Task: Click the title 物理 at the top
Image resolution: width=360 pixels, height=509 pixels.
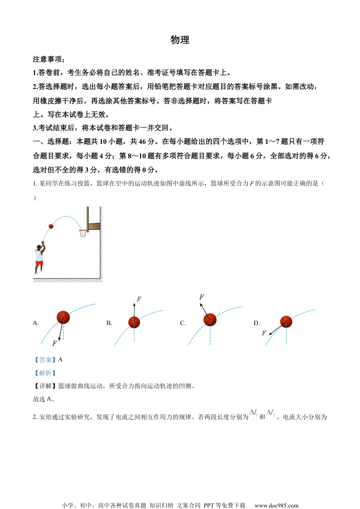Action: pyautogui.click(x=180, y=40)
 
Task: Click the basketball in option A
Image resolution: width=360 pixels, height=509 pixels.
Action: pyautogui.click(x=63, y=317)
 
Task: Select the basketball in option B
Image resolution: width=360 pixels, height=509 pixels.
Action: pyautogui.click(x=134, y=322)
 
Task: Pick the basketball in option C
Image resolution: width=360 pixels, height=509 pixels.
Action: pyautogui.click(x=210, y=320)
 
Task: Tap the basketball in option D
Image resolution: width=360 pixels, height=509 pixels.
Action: pyautogui.click(x=286, y=322)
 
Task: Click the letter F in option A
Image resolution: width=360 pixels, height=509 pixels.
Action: pyautogui.click(x=55, y=343)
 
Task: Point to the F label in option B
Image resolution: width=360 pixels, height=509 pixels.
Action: pyautogui.click(x=139, y=299)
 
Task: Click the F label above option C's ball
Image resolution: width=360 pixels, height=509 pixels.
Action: pyautogui.click(x=202, y=297)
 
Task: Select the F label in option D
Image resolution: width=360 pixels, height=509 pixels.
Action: pyautogui.click(x=264, y=333)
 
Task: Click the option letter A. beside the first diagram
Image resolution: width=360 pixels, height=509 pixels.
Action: pyautogui.click(x=36, y=323)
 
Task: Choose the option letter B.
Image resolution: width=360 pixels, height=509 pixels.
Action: pyautogui.click(x=109, y=323)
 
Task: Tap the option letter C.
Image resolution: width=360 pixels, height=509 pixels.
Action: pyautogui.click(x=183, y=323)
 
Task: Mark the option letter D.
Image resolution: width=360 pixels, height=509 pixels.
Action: pyautogui.click(x=257, y=323)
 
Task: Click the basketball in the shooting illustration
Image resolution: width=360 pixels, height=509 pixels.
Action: pyautogui.click(x=51, y=226)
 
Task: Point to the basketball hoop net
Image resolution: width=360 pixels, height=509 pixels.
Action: pyautogui.click(x=83, y=233)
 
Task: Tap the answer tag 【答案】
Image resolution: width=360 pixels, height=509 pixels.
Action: pyautogui.click(x=45, y=360)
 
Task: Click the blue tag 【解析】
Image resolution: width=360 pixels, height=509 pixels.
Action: pyautogui.click(x=45, y=373)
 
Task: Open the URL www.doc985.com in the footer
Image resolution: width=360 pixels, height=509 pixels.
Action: pyautogui.click(x=276, y=505)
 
